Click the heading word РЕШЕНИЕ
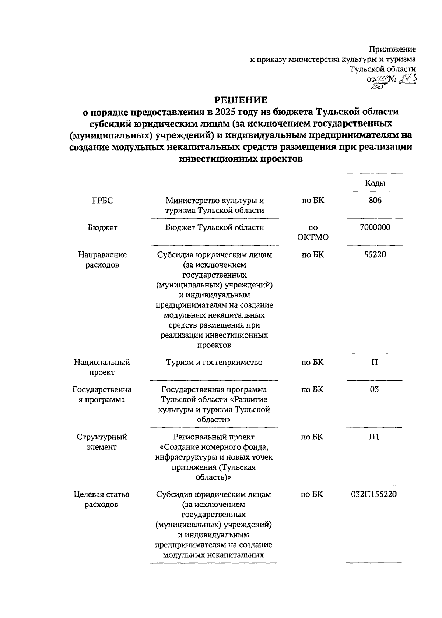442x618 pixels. [x=241, y=100]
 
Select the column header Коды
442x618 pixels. [x=375, y=183]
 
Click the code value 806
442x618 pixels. [x=375, y=200]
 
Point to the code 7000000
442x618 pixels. [x=375, y=227]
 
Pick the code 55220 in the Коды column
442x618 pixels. [x=375, y=254]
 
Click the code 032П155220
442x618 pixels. [x=374, y=494]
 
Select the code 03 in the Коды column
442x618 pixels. [x=374, y=389]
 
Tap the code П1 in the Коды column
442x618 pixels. [x=374, y=437]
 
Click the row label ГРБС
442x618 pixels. [x=102, y=201]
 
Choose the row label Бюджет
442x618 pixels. [x=102, y=227]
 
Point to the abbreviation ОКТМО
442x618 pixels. [x=313, y=237]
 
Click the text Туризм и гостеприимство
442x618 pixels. [x=214, y=362]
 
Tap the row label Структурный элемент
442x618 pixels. [x=102, y=442]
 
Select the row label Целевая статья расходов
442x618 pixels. [x=102, y=499]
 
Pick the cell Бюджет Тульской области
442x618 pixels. [x=214, y=227]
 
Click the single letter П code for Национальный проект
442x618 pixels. [x=374, y=362]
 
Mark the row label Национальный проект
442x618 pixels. [x=102, y=367]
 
